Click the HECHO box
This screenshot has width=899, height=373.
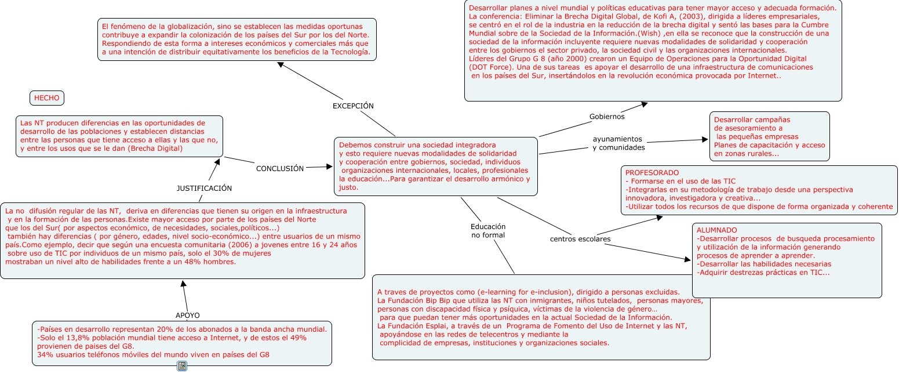tap(46, 98)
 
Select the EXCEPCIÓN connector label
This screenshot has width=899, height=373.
tap(353, 106)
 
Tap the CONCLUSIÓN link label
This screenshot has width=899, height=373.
tap(280, 168)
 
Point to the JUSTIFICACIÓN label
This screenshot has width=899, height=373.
tap(204, 188)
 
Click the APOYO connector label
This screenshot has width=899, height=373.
tap(187, 315)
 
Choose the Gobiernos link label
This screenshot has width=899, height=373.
tap(607, 117)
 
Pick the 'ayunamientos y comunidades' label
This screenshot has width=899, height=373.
tap(618, 143)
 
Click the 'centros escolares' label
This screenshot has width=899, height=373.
tap(580, 238)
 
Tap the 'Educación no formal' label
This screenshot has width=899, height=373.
tap(488, 231)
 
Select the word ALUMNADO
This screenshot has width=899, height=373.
tap(717, 230)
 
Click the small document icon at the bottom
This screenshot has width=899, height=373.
tap(182, 366)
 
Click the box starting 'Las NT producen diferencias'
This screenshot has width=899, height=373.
tap(119, 136)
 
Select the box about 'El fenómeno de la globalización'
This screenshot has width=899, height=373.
tap(236, 39)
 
